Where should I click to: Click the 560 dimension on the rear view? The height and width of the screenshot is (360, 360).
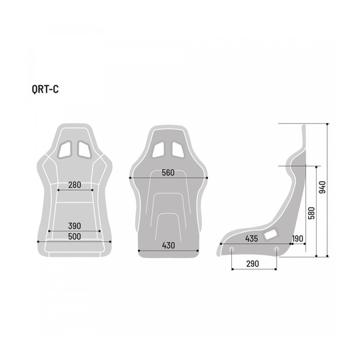click(168, 173)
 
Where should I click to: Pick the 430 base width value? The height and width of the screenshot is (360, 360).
click(169, 246)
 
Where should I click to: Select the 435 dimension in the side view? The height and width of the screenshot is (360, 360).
click(251, 238)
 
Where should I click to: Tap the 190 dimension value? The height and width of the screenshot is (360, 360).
click(297, 238)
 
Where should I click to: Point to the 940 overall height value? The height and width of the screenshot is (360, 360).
click(323, 189)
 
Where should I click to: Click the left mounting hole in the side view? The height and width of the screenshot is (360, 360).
click(231, 250)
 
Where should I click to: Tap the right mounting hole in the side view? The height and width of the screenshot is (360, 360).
click(275, 250)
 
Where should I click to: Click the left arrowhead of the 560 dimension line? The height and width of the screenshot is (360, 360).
click(131, 178)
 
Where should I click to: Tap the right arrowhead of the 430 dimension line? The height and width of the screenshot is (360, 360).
click(199, 251)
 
